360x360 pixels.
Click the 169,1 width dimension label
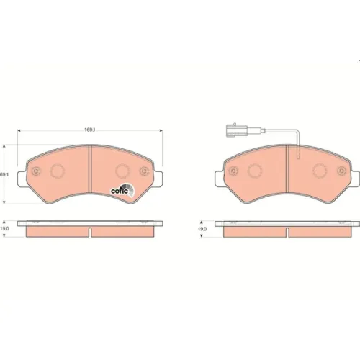[90, 130]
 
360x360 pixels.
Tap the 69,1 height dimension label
[4, 175]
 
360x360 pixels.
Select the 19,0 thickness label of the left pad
[4, 229]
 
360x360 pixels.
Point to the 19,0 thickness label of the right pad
[202, 229]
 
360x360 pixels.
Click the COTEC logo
[122, 190]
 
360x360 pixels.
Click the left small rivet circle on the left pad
[37, 171]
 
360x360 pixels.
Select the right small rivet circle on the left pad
[144, 171]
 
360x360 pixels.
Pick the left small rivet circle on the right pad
[233, 171]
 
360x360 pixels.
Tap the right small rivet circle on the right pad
[341, 171]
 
